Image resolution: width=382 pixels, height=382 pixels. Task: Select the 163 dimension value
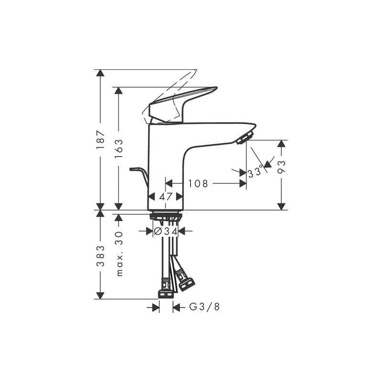coord(118,149)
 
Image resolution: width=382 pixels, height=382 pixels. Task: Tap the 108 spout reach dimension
coord(198,183)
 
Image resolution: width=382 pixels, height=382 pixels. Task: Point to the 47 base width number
coord(166,196)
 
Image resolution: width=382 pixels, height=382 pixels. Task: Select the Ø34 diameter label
coord(166,231)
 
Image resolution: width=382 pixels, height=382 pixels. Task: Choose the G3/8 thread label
coord(204,307)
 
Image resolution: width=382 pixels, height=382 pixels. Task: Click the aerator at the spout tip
coord(244,138)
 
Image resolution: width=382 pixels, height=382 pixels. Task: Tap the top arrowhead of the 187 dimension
coord(100,73)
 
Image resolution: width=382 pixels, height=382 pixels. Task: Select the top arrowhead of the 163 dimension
coord(118,91)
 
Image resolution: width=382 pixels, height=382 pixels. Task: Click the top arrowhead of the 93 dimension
coord(282,144)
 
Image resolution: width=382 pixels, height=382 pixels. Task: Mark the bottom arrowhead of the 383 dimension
coord(100,296)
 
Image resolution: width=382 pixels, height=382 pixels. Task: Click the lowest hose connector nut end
coord(166,295)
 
